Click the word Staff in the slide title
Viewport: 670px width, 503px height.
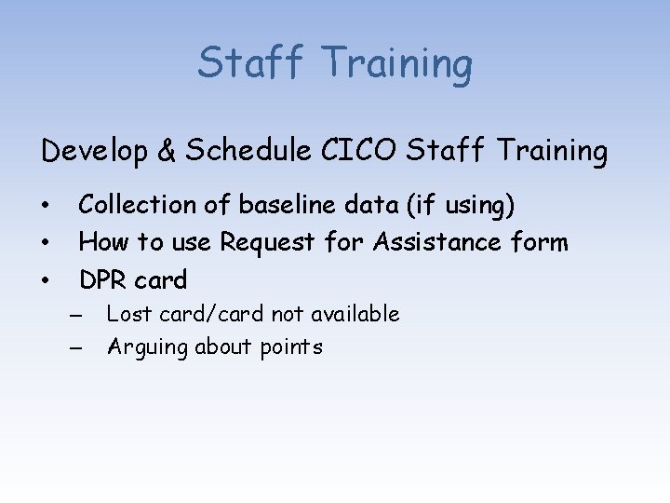click(x=250, y=63)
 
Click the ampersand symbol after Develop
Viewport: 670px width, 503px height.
click(x=166, y=151)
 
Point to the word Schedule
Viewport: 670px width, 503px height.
click(x=246, y=151)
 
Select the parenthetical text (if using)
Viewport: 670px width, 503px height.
click(x=457, y=205)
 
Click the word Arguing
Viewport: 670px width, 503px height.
click(x=145, y=347)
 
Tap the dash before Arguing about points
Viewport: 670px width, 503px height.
click(x=75, y=348)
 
